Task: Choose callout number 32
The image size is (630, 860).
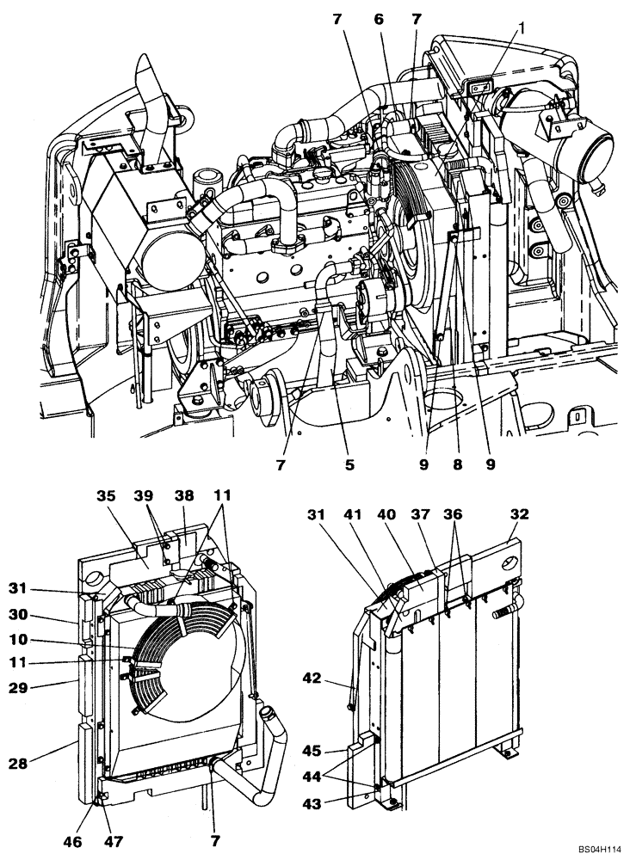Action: coord(521,514)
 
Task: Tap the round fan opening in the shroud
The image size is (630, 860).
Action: coord(194,671)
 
